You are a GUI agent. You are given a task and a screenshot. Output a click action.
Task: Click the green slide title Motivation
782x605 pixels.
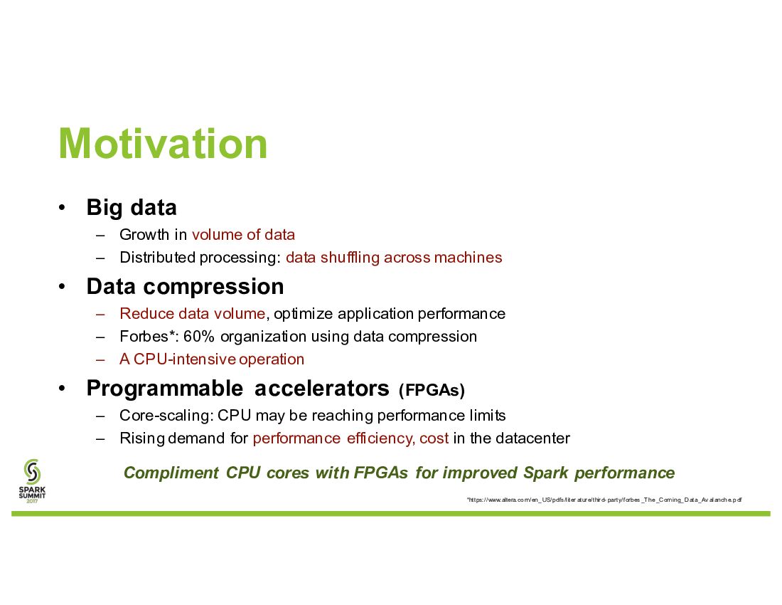tap(163, 144)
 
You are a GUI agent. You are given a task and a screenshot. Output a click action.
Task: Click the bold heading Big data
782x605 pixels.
tap(132, 208)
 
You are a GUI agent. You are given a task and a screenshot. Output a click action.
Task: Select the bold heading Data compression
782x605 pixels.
tap(185, 287)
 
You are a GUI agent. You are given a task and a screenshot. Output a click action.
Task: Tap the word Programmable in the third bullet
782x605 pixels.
tap(165, 389)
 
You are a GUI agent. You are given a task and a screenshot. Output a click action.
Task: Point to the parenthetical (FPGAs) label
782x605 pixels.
tap(432, 390)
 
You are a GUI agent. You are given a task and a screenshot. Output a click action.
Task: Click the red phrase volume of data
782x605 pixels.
tap(243, 235)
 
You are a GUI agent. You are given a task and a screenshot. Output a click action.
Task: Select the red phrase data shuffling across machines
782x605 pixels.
tap(394, 258)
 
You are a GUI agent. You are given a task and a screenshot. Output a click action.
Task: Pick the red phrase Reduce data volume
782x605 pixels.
tap(193, 313)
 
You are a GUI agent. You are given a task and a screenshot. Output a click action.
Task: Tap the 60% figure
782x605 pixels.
tap(198, 337)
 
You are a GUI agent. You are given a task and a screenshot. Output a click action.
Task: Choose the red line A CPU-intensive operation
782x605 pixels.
tap(212, 359)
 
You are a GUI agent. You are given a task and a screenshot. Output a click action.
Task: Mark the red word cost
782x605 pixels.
tap(434, 438)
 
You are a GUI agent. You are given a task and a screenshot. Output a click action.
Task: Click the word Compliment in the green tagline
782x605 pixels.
tap(171, 473)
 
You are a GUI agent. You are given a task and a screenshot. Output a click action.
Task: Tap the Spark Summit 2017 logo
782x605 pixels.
tap(32, 481)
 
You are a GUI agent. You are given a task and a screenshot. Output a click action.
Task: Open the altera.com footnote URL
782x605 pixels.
tap(604, 500)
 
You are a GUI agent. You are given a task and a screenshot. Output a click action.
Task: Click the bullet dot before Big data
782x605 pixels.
tap(62, 208)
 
